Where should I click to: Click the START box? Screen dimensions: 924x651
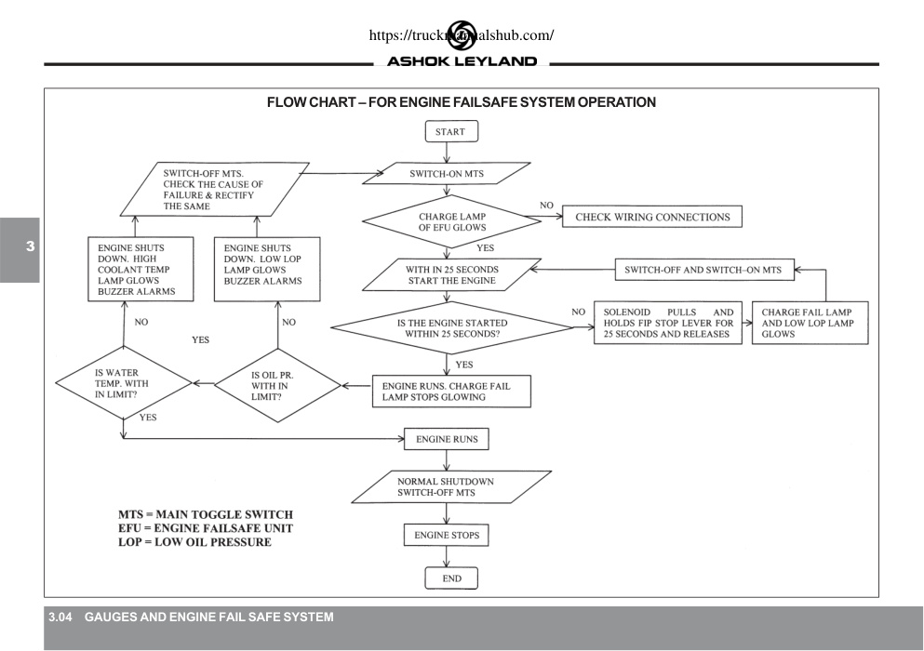[451, 131]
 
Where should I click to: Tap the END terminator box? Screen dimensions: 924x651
[451, 578]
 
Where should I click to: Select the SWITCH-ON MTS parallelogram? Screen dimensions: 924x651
[446, 173]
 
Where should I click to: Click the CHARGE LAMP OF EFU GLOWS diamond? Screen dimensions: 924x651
[451, 221]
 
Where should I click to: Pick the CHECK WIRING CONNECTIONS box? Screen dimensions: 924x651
[651, 216]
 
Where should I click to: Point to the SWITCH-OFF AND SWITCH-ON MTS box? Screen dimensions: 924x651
[704, 270]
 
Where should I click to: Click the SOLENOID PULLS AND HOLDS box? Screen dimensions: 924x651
[668, 323]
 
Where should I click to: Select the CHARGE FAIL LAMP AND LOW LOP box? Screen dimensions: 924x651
[810, 323]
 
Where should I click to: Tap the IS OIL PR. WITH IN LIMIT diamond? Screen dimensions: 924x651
[277, 385]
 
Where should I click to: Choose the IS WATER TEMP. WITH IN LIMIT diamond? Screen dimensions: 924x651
[124, 383]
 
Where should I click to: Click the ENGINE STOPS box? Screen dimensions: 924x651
[446, 535]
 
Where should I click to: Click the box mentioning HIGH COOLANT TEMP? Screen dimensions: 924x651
[141, 270]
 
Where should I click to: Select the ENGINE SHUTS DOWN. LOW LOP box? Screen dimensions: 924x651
[267, 270]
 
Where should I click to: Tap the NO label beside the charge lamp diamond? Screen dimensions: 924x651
[546, 205]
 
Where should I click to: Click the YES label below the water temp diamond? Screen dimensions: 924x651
[148, 418]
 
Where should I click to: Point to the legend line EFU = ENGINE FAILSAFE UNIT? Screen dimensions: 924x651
[205, 528]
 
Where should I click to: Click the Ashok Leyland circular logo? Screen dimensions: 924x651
[462, 34]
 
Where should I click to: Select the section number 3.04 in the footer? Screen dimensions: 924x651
[60, 617]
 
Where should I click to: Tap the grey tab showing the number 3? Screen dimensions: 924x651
[20, 250]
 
